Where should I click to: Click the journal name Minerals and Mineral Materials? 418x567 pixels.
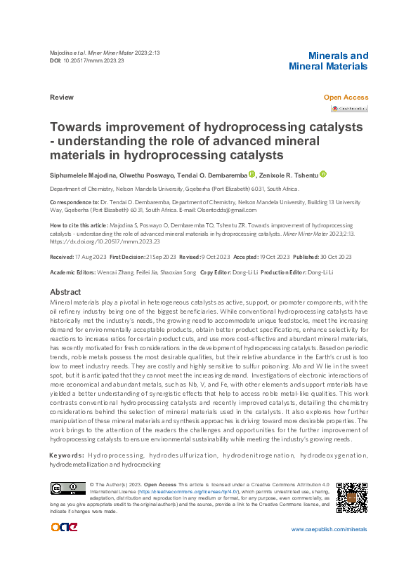[x=328, y=61]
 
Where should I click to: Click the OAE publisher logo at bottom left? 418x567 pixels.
[x=65, y=528]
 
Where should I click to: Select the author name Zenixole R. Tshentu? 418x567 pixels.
[x=288, y=175]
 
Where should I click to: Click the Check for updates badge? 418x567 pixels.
[x=349, y=109]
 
